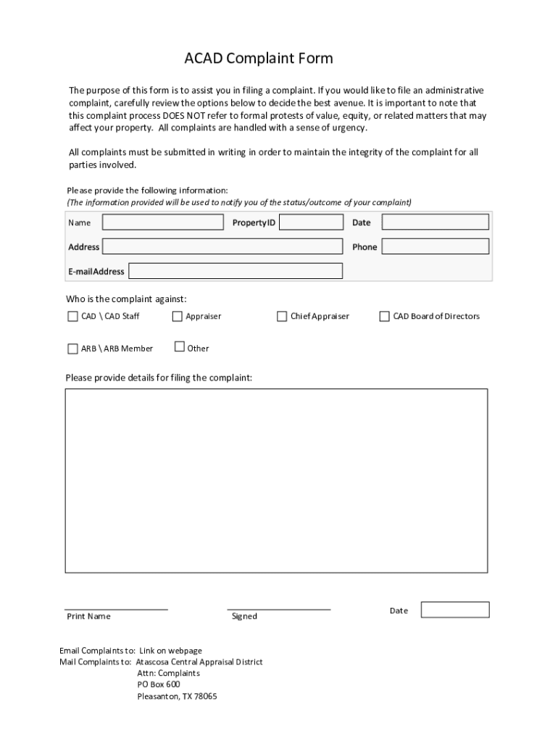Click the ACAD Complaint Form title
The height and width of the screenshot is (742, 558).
coord(258,59)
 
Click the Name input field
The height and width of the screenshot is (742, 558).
coord(163,222)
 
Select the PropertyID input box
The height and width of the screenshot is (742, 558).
coord(311,222)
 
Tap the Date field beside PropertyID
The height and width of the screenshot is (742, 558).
coord(435,222)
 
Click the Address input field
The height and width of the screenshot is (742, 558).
coord(222,247)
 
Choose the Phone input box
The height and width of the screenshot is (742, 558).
coord(435,247)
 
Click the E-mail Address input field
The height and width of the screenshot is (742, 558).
coord(236,271)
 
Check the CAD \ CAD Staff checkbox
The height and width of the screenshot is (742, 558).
coord(72,317)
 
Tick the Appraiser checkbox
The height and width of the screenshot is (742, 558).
coord(178,317)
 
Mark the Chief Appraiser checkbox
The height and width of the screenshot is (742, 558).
coord(282,317)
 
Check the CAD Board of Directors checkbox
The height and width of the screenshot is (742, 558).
coord(385,317)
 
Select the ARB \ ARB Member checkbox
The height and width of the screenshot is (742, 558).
coord(72,349)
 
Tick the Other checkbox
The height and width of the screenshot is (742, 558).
coord(180,347)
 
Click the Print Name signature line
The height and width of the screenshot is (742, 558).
coord(116,609)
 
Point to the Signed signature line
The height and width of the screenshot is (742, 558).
coord(278,609)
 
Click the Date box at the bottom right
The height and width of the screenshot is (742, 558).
coord(455,610)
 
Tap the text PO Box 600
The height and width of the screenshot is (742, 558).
coord(159,685)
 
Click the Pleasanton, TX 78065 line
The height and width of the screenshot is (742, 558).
coord(177,697)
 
